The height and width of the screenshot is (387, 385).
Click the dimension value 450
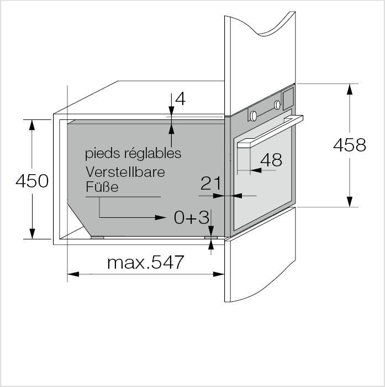coord(32,181)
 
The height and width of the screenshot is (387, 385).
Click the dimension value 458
coord(349,145)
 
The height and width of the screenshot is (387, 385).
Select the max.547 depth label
coord(145,263)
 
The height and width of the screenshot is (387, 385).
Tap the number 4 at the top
coord(180,100)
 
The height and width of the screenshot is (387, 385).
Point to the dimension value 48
coord(271,160)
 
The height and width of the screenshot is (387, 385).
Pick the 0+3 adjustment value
coord(191,218)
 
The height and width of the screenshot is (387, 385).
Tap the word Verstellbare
coord(125,172)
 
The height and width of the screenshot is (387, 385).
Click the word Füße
coord(102,187)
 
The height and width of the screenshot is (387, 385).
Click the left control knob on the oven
coord(254,116)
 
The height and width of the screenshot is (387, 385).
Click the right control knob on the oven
coord(277,104)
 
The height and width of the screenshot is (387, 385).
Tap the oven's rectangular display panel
coord(288,98)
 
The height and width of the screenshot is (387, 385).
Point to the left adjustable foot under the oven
coord(97,237)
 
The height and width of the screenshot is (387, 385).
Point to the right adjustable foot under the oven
coord(208,237)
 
